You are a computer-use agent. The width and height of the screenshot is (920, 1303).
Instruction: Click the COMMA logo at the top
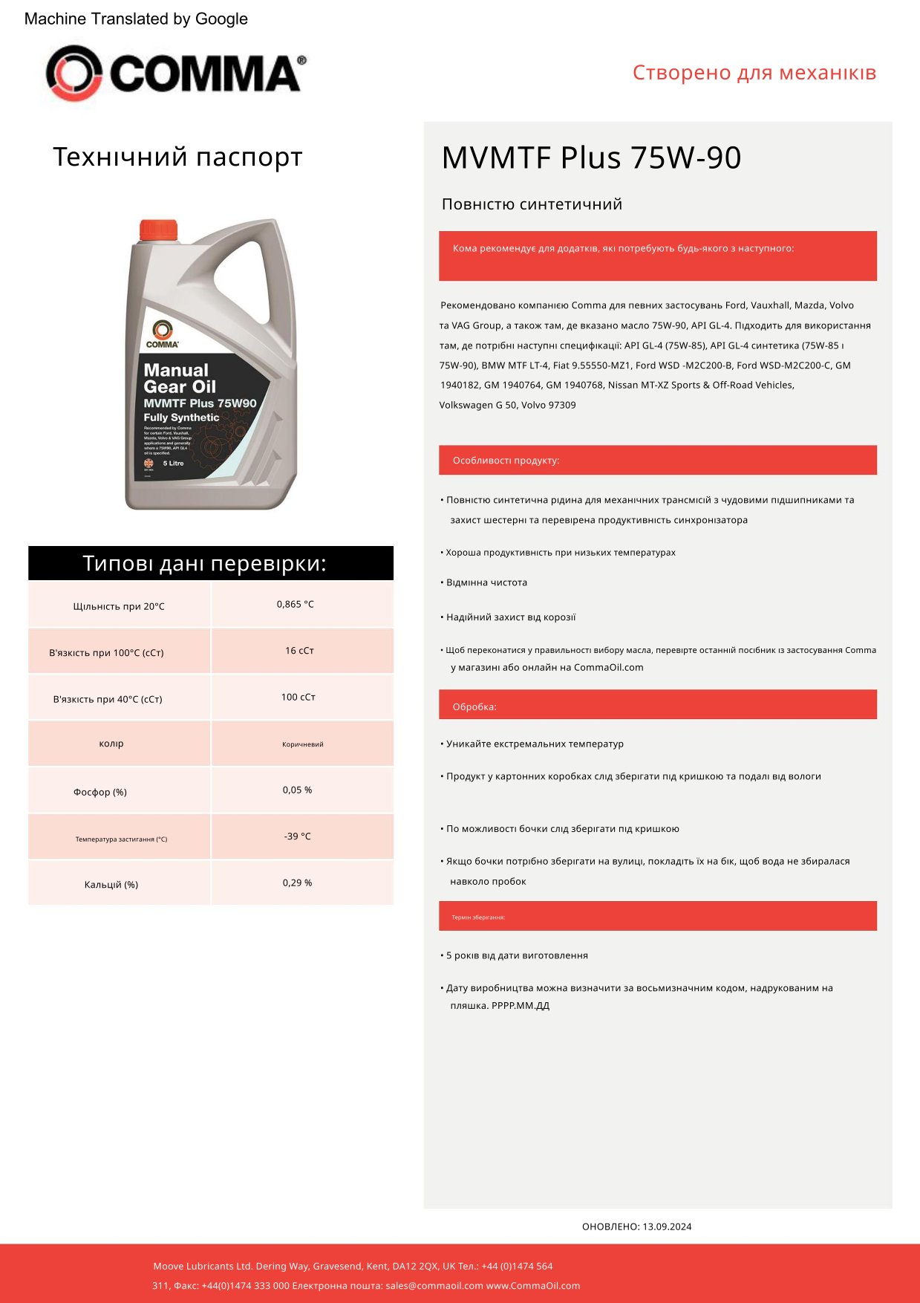(176, 73)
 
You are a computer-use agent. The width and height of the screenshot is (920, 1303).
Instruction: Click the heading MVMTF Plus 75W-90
(591, 158)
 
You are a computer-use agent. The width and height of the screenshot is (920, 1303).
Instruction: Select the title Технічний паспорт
(177, 157)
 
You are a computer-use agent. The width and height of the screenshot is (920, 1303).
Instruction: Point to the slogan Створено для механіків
(754, 73)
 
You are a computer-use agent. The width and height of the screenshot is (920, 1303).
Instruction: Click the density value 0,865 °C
(295, 605)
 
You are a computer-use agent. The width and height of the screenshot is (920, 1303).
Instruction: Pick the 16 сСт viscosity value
(299, 651)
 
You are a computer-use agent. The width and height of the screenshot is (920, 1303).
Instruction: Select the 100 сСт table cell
(298, 698)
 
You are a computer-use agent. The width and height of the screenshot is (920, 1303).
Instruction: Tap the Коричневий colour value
(302, 744)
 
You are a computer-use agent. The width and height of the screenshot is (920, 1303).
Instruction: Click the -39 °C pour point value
(297, 836)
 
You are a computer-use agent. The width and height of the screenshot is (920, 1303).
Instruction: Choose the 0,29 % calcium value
(297, 883)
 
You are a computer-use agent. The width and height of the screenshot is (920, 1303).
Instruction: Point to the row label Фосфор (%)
(100, 793)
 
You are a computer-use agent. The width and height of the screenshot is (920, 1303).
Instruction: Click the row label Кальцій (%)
(111, 885)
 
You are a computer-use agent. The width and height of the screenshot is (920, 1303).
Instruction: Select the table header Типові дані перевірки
(205, 564)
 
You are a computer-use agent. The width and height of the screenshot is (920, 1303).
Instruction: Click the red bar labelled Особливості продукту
(657, 461)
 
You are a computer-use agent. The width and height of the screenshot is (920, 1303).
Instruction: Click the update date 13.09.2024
(667, 1226)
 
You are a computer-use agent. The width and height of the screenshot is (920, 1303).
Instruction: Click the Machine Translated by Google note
(136, 19)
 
